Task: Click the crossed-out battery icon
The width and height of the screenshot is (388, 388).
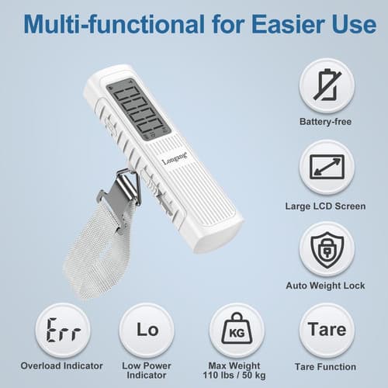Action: point(327,86)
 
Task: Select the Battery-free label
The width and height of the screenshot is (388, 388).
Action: point(327,122)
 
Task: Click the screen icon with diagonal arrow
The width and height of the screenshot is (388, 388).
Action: point(327,167)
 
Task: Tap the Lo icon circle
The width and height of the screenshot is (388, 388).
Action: point(147,330)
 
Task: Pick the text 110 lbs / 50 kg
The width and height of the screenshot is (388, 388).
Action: point(237,376)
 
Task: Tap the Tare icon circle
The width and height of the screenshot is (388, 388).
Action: point(327,330)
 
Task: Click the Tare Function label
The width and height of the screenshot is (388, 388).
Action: point(327,366)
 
